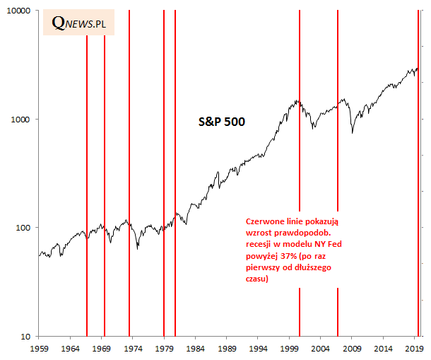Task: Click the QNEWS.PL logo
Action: click(x=79, y=23)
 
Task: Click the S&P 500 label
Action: click(x=221, y=122)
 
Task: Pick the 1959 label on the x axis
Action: click(x=39, y=349)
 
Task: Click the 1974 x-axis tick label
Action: click(x=133, y=349)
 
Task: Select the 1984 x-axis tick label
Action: click(x=196, y=349)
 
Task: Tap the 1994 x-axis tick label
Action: click(x=259, y=349)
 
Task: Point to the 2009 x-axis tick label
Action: click(x=353, y=349)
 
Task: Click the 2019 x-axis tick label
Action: click(x=415, y=349)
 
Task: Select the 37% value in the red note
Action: click(x=287, y=257)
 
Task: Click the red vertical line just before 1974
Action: click(x=129, y=177)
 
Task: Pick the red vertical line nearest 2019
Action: click(x=418, y=177)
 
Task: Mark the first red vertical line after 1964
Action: click(x=87, y=177)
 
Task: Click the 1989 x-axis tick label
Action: click(x=227, y=349)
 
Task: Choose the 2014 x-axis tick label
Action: click(x=384, y=349)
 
